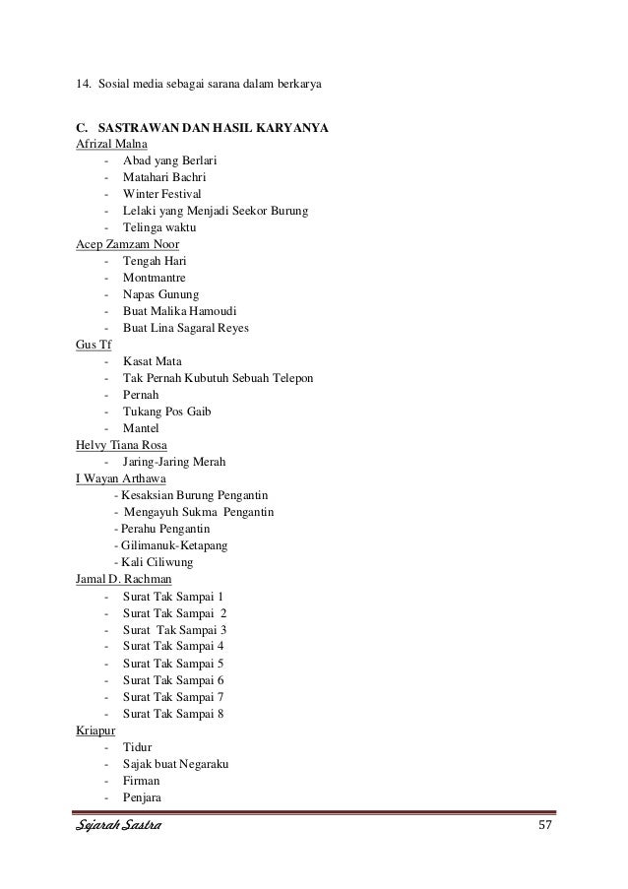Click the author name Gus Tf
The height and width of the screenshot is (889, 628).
(x=94, y=345)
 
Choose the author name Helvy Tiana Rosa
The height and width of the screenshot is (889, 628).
(x=121, y=444)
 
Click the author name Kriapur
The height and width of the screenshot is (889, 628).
(x=95, y=730)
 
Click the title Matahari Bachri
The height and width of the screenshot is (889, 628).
(x=164, y=177)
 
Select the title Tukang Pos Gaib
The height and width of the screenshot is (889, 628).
(x=167, y=412)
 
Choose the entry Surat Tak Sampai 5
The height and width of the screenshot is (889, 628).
(x=173, y=663)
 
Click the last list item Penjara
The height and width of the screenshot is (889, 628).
(x=144, y=796)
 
